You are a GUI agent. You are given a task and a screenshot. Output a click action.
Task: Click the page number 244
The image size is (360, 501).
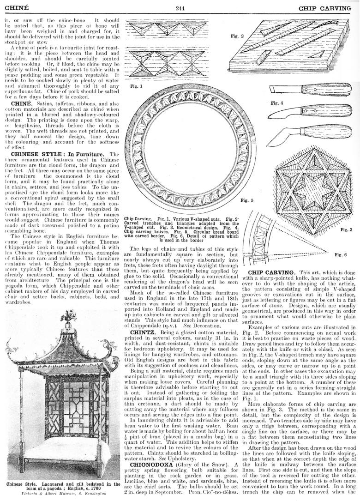[180, 8]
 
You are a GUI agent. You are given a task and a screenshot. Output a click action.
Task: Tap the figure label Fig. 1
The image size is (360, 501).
[136, 86]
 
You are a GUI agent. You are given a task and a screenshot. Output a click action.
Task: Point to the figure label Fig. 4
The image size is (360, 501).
[277, 103]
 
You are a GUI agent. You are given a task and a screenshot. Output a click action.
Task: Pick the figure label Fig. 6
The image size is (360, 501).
[341, 254]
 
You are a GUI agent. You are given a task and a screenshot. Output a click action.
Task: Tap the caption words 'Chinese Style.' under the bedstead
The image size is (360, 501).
[23, 485]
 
